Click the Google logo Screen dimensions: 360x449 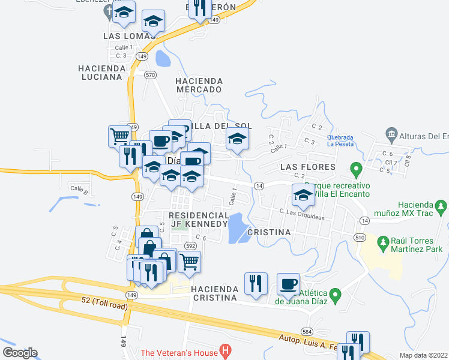20,353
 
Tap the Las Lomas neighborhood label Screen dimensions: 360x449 129,36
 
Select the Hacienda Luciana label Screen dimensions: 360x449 101,73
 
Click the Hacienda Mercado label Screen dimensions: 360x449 199,85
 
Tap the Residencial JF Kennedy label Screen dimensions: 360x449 199,220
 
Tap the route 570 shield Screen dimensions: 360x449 150,75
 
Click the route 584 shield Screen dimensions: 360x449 307,332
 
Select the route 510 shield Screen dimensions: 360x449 360,238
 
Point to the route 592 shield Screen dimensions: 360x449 191,246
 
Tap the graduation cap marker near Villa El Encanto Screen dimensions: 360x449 303,196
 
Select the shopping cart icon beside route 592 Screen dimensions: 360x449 190,262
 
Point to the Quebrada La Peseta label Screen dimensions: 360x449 340,140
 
